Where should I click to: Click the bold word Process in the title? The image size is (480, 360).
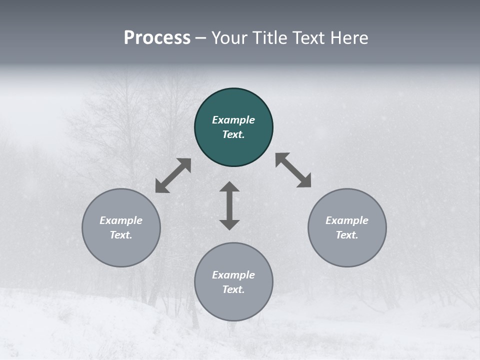click(157, 38)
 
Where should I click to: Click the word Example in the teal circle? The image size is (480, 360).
click(233, 120)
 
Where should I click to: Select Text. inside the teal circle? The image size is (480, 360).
click(233, 134)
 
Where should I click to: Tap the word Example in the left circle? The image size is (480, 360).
click(121, 220)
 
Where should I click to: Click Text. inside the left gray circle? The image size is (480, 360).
click(121, 235)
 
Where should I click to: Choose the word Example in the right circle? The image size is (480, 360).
click(347, 220)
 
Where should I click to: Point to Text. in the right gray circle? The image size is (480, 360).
click(347, 235)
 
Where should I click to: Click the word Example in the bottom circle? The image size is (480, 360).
click(233, 275)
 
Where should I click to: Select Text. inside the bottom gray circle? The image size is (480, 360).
click(233, 289)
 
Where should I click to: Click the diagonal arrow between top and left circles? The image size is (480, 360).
click(173, 175)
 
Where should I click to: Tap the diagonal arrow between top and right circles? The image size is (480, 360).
click(293, 170)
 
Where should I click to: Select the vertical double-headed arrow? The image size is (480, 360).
click(229, 205)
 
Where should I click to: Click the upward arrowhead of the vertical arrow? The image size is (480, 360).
click(229, 186)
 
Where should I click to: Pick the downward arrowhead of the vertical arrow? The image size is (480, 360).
click(229, 224)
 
